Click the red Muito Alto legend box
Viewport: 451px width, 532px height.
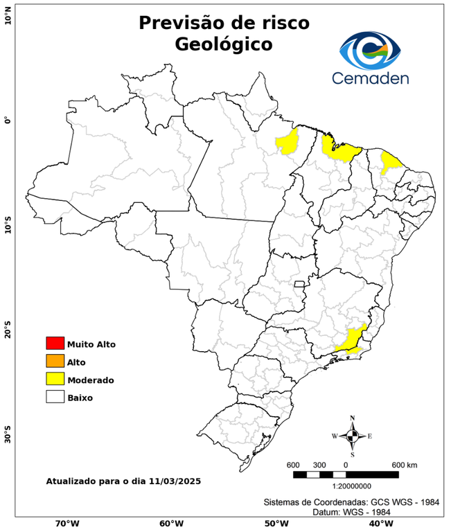(55, 344)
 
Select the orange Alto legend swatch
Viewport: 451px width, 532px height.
(55, 362)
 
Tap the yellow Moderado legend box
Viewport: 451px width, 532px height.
(55, 380)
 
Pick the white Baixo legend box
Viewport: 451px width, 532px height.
(55, 398)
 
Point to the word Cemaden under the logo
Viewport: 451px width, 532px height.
(370, 78)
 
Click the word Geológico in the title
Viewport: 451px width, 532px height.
(224, 44)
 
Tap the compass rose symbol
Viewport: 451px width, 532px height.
(352, 436)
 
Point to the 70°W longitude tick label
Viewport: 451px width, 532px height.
(67, 524)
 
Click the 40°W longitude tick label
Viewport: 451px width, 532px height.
(378, 524)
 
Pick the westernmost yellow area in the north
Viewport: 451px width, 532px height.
(287, 141)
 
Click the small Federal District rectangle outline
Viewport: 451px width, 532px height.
(300, 284)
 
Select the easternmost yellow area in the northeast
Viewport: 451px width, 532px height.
(391, 162)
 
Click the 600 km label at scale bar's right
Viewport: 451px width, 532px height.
(405, 464)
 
